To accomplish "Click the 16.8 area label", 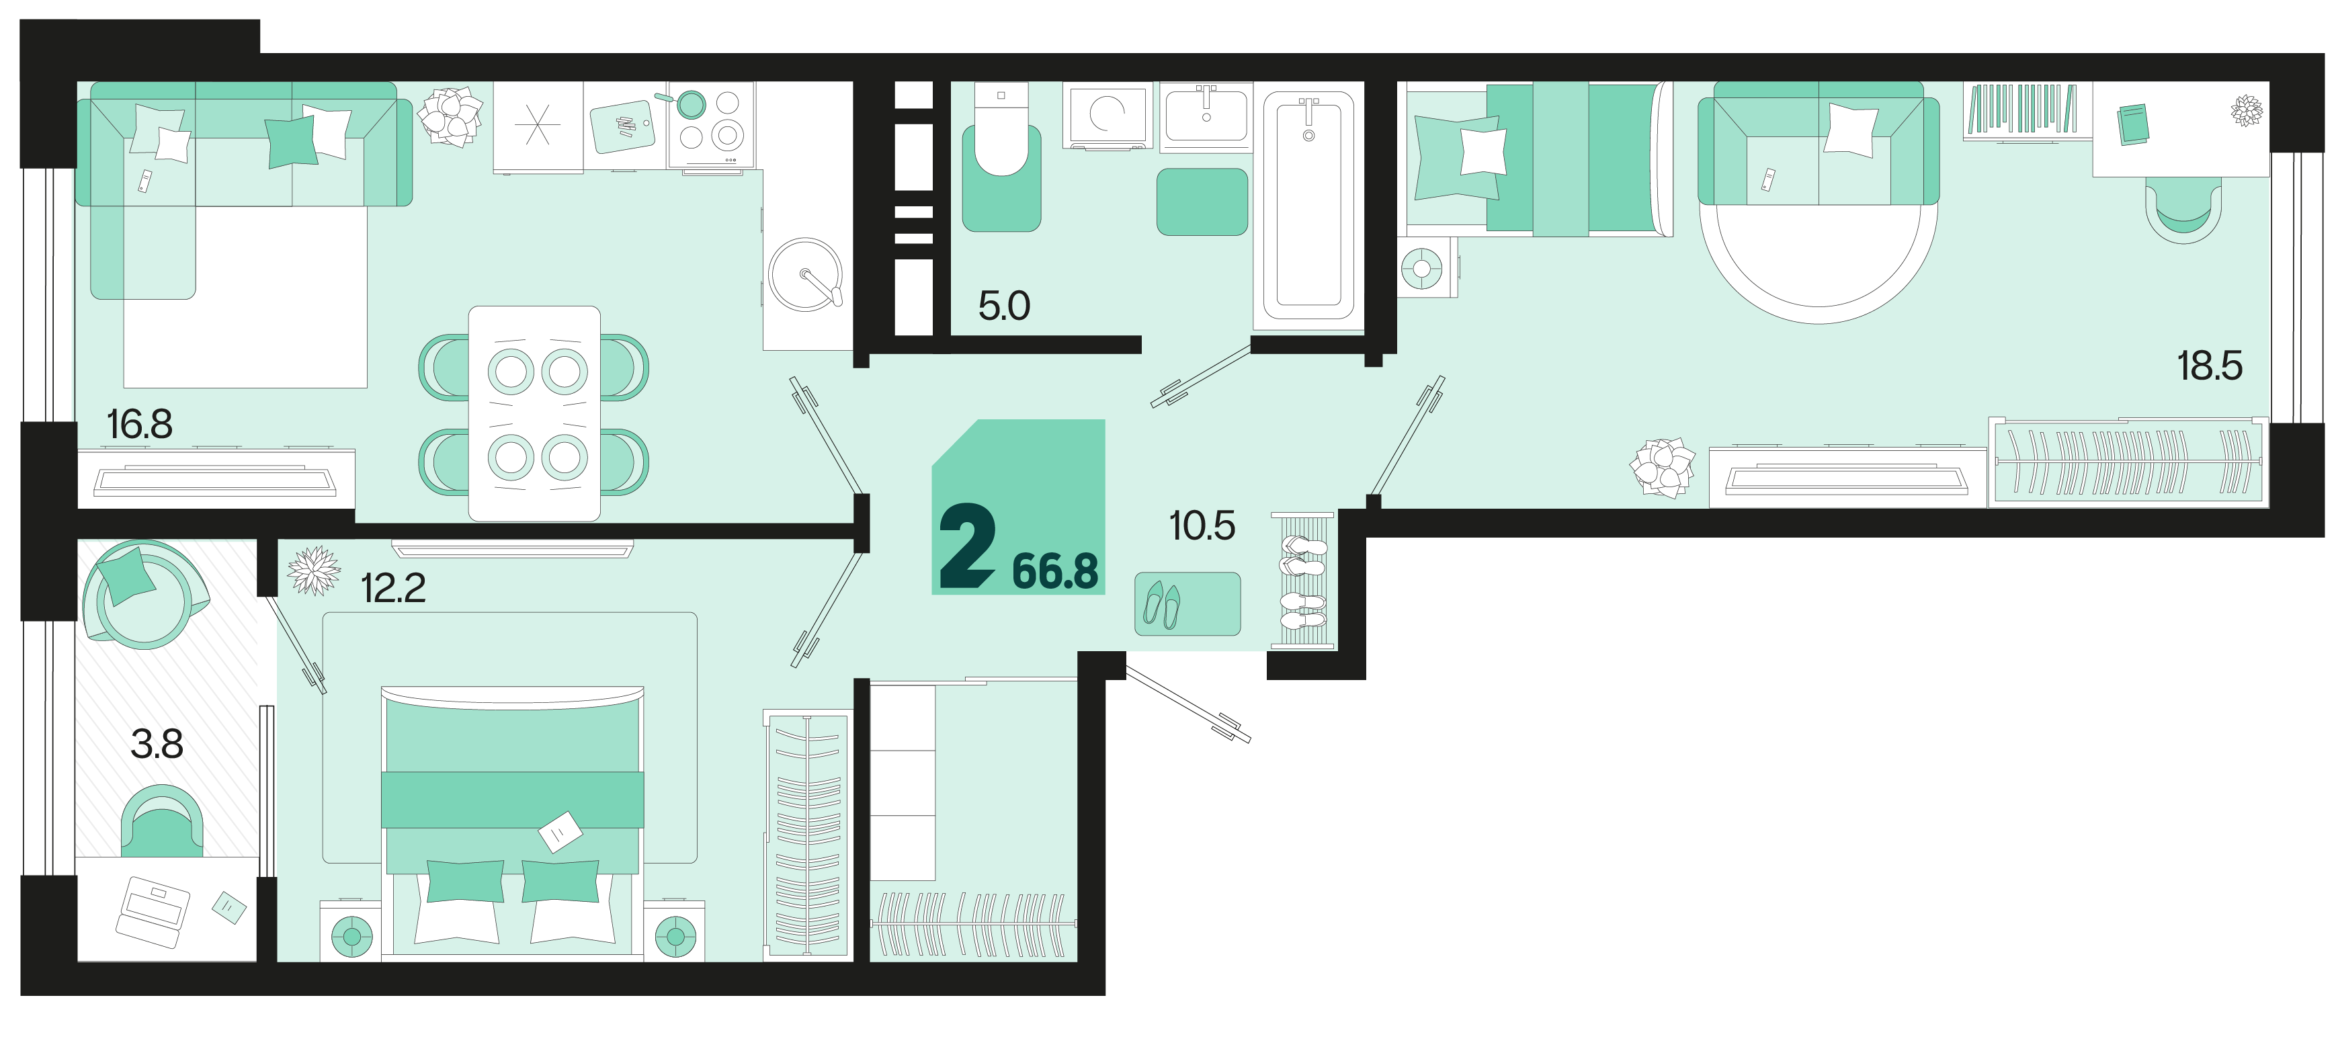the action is click(139, 425).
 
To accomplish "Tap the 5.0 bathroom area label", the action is click(1004, 306).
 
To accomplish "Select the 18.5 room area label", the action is click(2209, 366).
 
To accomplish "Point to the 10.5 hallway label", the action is click(1202, 525).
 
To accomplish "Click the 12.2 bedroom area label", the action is click(393, 588).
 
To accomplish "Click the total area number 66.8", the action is click(1054, 572).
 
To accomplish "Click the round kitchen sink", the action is click(805, 275).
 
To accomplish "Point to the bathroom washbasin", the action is click(1206, 116).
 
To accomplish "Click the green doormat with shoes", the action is click(1187, 603).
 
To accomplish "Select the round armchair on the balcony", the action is click(143, 595).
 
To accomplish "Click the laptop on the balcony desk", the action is click(153, 911).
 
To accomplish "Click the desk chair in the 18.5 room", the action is click(2183, 210).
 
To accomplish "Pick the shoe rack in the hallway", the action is click(1303, 580).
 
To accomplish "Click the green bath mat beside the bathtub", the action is click(1202, 202).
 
